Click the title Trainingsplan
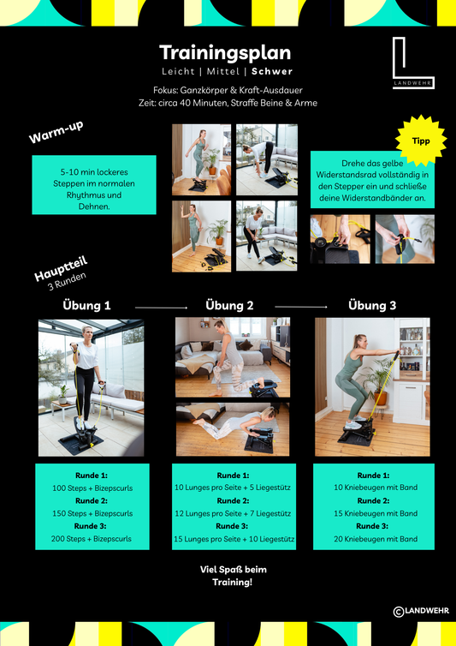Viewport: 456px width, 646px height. (225, 53)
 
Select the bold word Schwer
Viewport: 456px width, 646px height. (272, 71)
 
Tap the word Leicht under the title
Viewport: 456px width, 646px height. (178, 71)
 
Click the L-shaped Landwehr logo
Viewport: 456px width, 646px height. (412, 63)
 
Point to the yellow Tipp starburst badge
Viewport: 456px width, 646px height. (421, 141)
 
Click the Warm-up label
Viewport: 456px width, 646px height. (56, 132)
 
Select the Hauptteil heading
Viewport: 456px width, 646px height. (61, 269)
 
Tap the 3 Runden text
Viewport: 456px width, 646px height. (67, 281)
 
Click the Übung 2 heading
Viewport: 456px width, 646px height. (229, 305)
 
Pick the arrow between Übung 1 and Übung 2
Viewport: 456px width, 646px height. (162, 308)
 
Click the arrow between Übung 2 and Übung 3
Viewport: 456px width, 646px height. (301, 307)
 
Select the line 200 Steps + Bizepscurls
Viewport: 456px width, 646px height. (92, 538)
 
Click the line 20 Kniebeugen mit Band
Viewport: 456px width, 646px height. (376, 538)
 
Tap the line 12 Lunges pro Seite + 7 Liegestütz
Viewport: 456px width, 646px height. (233, 513)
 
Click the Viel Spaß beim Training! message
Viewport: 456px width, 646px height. (233, 576)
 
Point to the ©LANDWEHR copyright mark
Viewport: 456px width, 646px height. (421, 611)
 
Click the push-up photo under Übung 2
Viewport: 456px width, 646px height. (233, 429)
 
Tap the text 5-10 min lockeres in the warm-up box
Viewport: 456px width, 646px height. (94, 172)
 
